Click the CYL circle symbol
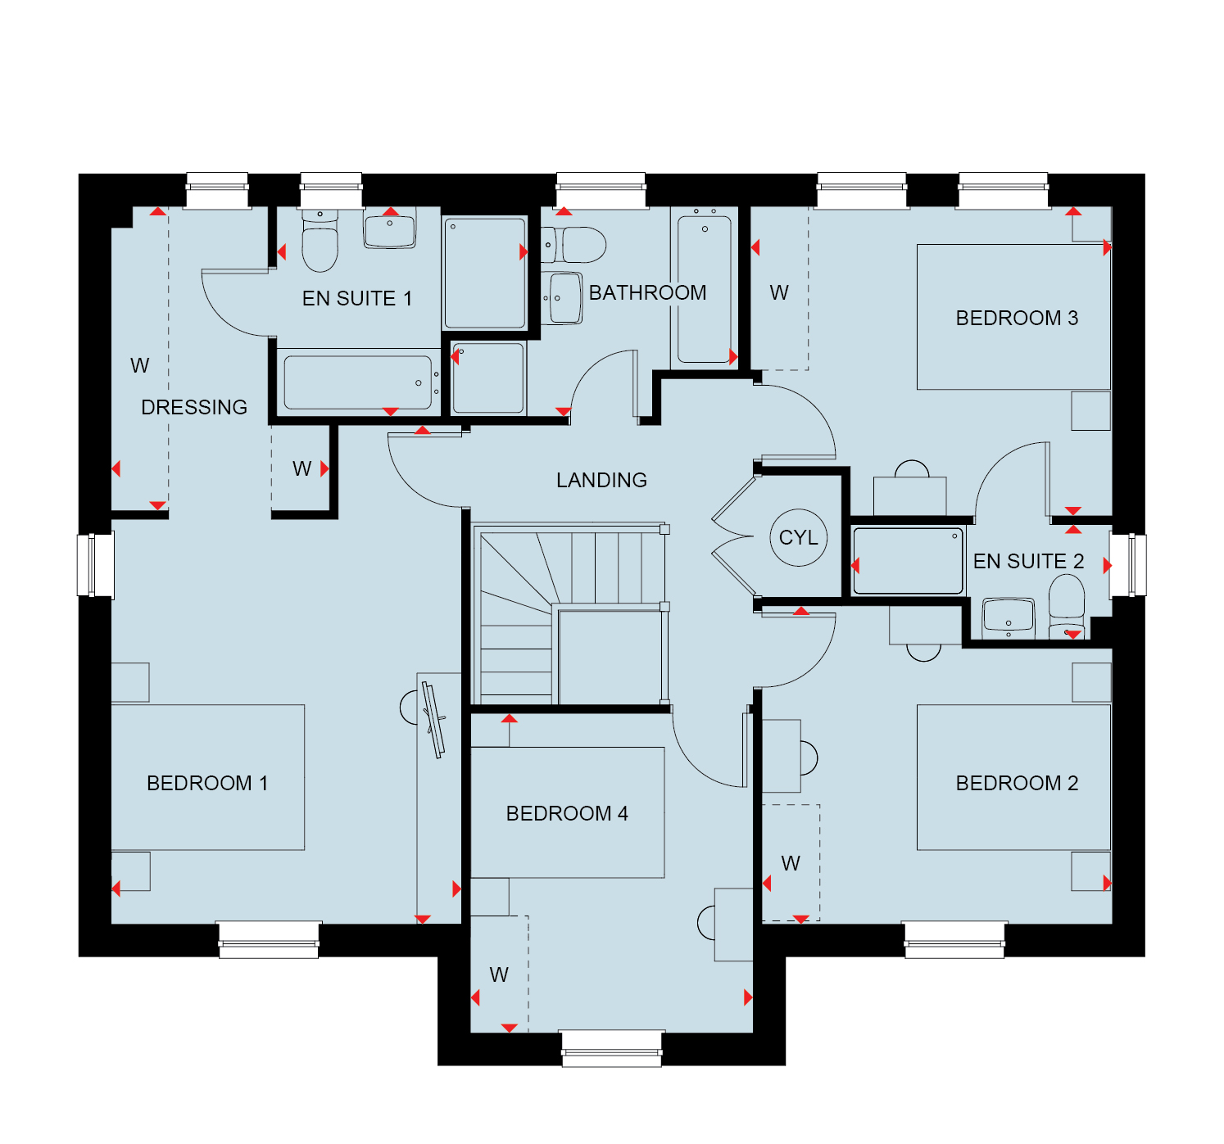coord(798,537)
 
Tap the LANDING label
coord(601,480)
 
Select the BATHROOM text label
coord(647,292)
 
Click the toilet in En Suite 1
coord(320,241)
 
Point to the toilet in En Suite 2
coord(1066,606)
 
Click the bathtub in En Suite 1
coord(358,382)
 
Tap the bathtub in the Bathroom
coord(704,287)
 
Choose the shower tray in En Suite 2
coord(908,561)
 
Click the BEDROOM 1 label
coord(207,783)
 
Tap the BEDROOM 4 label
coord(567,813)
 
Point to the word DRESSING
coord(194,407)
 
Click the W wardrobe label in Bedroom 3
coord(779,292)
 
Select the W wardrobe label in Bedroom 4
coord(499,974)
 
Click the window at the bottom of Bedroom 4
coord(611,1048)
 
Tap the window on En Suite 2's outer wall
coord(1128,565)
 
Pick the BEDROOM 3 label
coord(1016,318)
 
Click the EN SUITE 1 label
coord(357,299)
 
